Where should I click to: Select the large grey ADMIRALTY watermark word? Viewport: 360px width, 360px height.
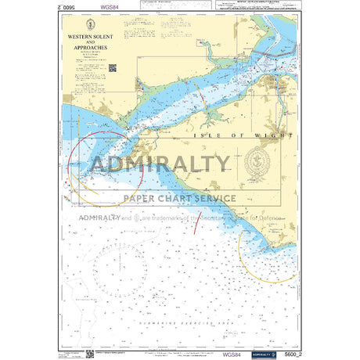160,165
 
